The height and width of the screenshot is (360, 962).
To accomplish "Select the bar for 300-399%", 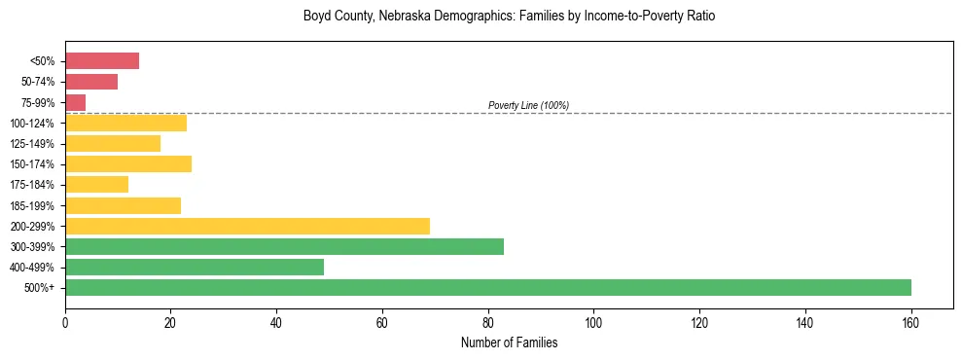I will (284, 246).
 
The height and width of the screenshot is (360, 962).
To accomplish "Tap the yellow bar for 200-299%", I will (247, 226).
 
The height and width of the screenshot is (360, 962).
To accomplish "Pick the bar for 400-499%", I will (195, 267).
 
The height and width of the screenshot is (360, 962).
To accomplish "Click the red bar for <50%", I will (102, 60).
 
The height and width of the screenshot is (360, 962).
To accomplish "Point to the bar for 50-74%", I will (91, 81).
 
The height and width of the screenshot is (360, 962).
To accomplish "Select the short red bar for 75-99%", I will (76, 102).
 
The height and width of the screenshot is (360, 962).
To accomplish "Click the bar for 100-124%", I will (125, 123).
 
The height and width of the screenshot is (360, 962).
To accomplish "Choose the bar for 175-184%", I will (96, 184).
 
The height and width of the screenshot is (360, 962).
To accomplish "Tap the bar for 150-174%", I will (128, 163).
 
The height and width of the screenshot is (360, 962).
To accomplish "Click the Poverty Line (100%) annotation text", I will (528, 105).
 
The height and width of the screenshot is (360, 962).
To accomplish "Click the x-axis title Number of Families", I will (509, 342).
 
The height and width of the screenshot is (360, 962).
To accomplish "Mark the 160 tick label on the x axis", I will (910, 322).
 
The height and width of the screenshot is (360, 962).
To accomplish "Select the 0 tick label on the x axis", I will (65, 322).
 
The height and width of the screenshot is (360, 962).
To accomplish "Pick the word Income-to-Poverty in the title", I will (604, 17).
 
